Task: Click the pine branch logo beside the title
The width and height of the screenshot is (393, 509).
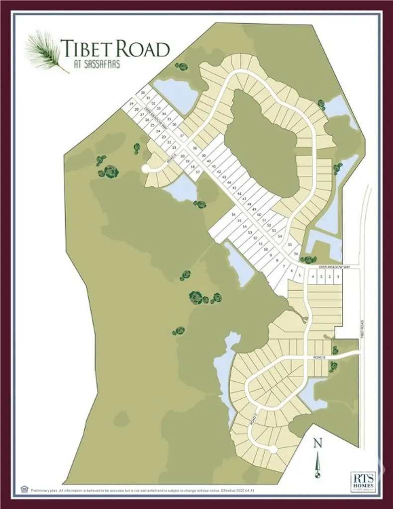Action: (x=46, y=52)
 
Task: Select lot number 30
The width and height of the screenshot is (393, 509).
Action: (x=143, y=93)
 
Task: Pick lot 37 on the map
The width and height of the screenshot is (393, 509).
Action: (x=182, y=135)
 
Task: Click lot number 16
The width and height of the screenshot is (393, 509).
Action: (x=233, y=214)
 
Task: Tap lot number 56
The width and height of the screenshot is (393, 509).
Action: (x=296, y=254)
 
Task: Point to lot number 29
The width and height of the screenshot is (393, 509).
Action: (x=131, y=104)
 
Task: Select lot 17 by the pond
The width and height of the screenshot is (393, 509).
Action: (x=197, y=172)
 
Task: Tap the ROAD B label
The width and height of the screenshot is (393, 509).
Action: (x=319, y=357)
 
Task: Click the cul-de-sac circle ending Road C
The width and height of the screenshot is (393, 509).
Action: (x=272, y=449)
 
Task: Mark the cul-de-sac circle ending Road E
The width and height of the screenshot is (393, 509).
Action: (x=146, y=169)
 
